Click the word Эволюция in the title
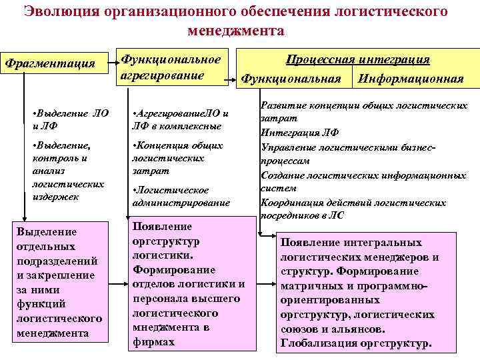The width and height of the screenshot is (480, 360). point(56,12)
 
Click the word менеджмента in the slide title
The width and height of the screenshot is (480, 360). point(236,31)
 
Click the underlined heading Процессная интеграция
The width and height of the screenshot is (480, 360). point(357,60)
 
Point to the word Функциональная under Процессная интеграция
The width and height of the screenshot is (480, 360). point(291,79)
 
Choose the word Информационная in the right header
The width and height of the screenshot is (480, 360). point(411,79)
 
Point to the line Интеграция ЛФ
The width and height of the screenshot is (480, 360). point(297,133)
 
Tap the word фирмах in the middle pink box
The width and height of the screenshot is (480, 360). point(154,341)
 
